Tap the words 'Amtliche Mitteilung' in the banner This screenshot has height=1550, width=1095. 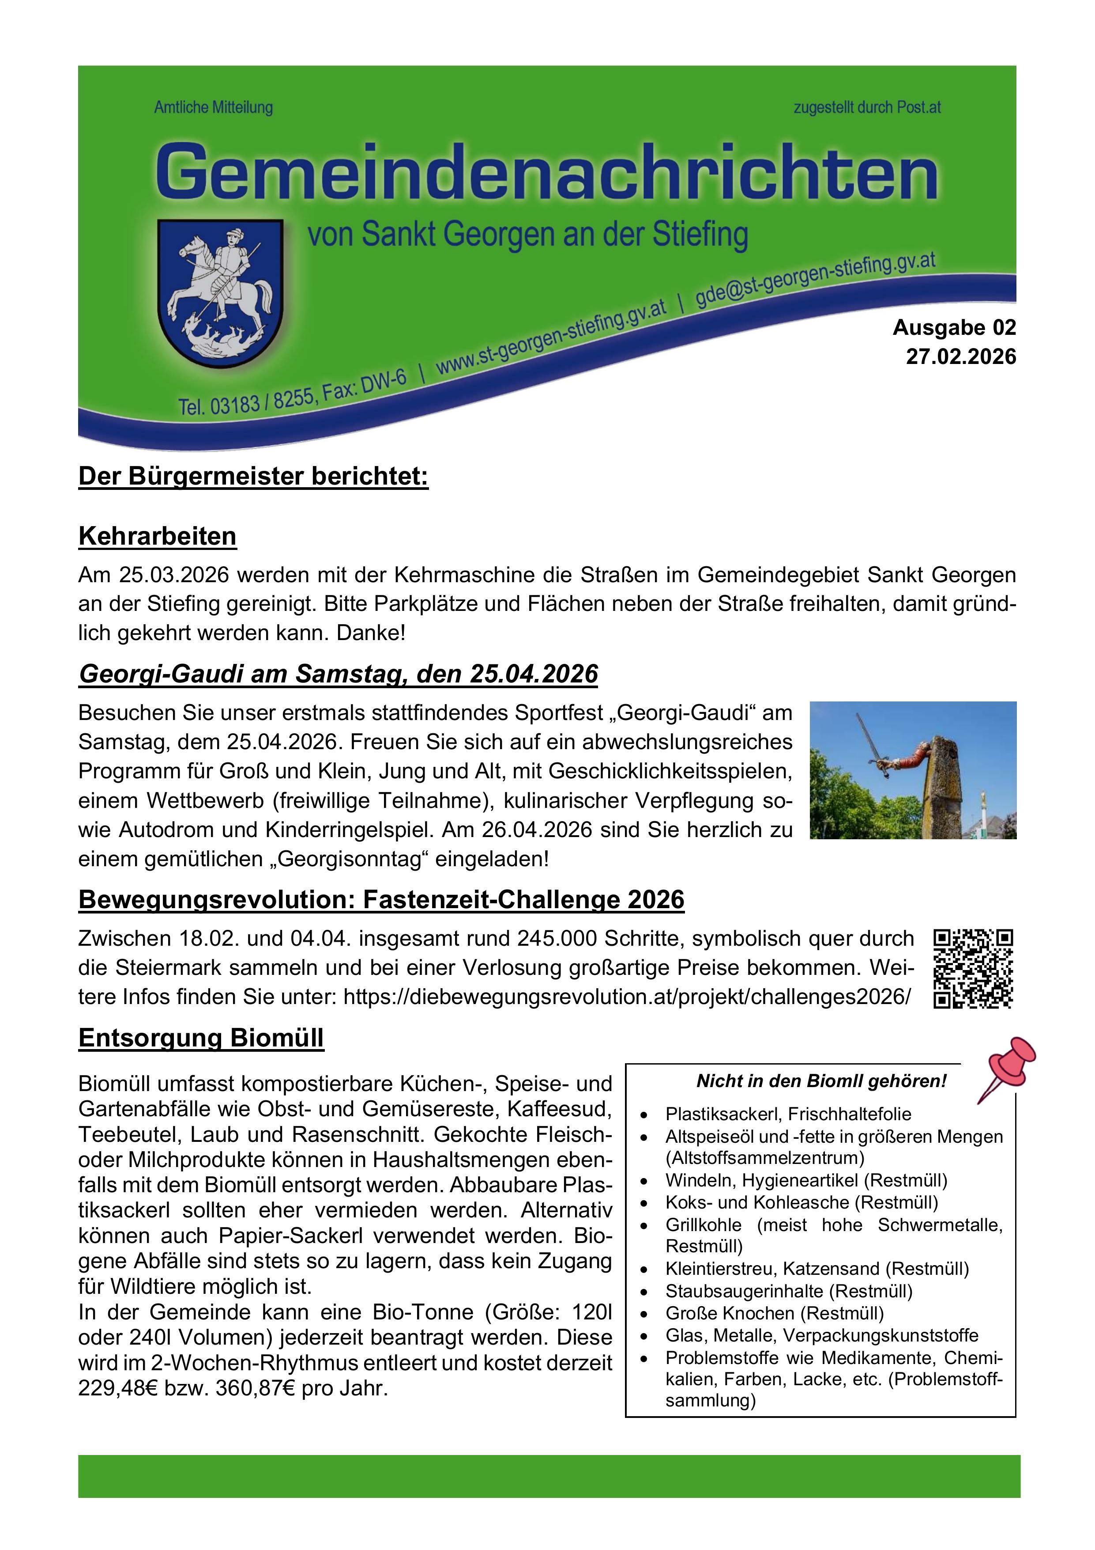(x=213, y=107)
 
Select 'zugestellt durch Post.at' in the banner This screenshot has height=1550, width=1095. (x=866, y=107)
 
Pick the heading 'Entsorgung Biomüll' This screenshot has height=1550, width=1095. (x=201, y=1038)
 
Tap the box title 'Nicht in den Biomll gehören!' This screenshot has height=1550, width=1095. (x=821, y=1081)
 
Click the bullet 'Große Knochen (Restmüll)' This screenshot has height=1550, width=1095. (x=774, y=1313)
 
